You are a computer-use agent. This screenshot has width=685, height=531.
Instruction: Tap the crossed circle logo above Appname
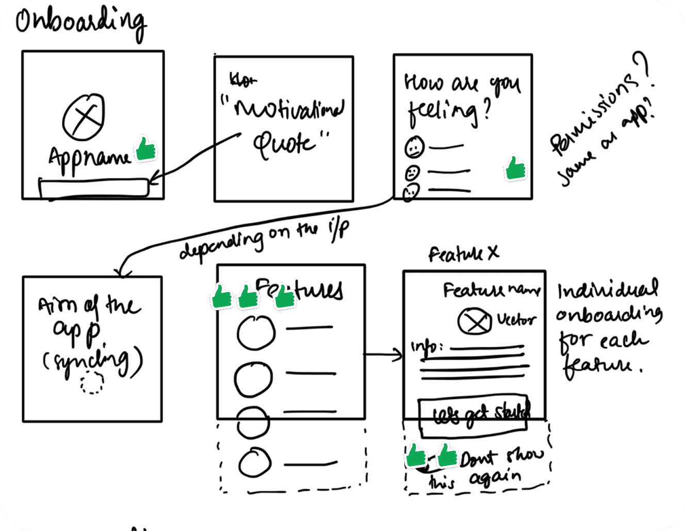click(84, 117)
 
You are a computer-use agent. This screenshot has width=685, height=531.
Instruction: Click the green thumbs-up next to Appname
click(145, 149)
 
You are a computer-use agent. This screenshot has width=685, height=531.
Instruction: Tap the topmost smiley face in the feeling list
click(414, 147)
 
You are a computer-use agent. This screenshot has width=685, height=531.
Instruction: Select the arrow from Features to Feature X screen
click(383, 355)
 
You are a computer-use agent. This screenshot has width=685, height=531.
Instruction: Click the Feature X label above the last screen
click(463, 254)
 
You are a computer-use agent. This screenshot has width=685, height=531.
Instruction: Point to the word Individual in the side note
click(608, 291)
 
